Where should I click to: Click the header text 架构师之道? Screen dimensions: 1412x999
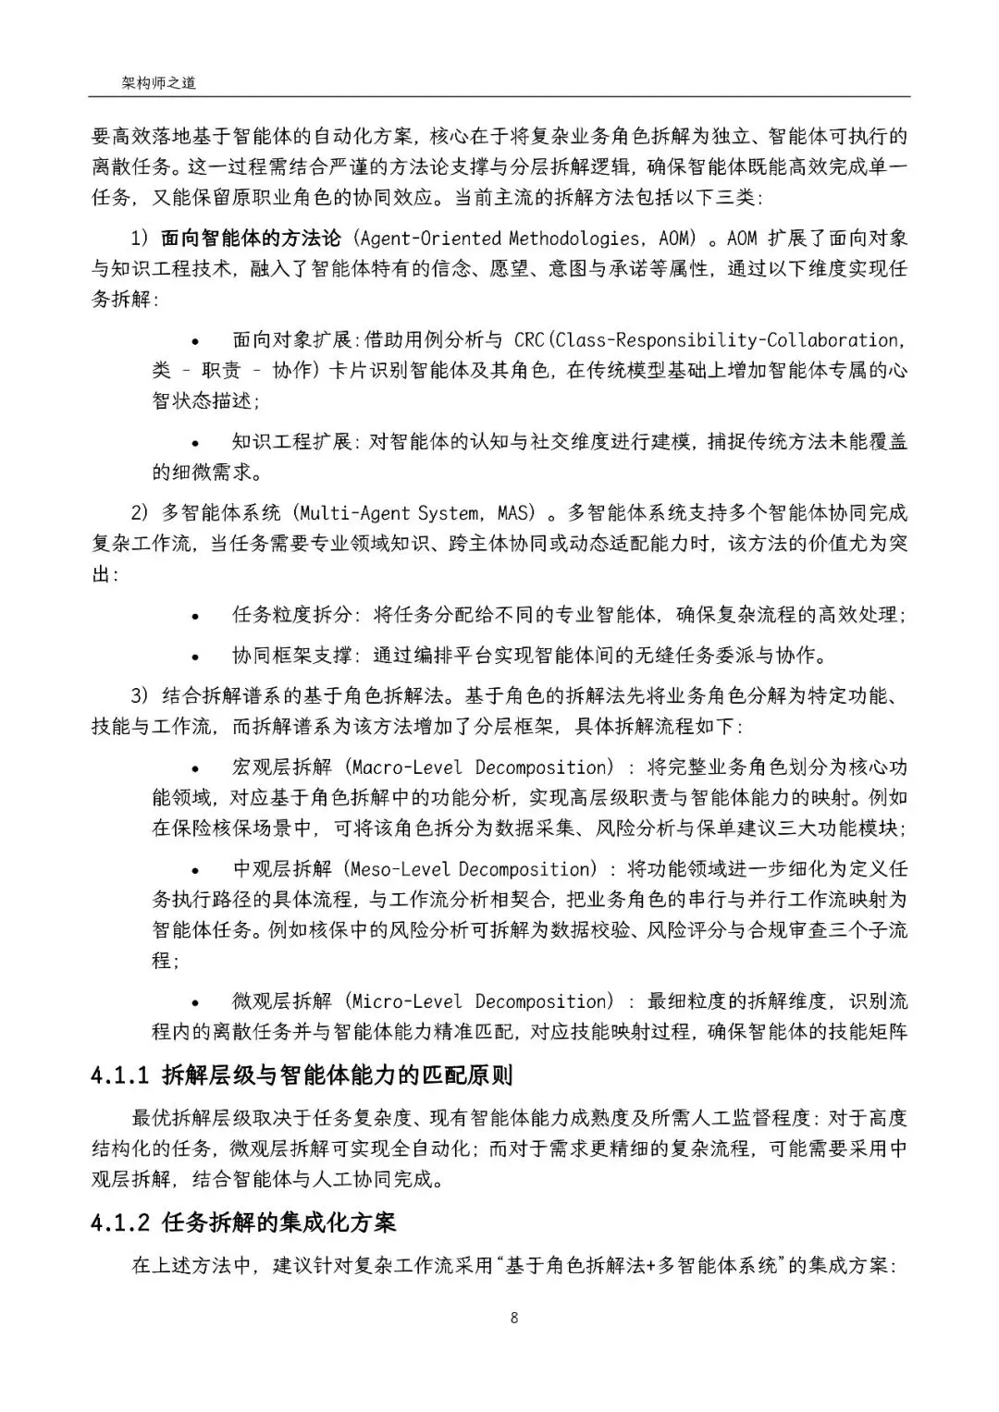pos(158,83)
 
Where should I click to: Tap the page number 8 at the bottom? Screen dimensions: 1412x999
pos(513,1318)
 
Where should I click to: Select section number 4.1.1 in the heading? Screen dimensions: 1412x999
pos(119,1075)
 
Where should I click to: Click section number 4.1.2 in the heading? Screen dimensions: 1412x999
pos(119,1222)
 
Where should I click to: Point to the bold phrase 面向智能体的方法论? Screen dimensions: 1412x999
pos(251,238)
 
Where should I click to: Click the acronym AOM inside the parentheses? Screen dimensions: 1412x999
pos(674,238)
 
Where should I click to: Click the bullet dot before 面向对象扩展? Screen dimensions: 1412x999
pos(195,340)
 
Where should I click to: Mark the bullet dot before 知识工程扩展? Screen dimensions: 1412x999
pos(195,442)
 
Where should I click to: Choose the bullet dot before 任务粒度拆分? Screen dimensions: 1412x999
pos(195,615)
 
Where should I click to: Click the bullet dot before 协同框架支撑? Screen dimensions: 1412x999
pos(195,656)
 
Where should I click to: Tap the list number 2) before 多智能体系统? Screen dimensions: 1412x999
pos(140,512)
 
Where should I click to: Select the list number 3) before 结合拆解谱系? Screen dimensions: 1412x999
pos(140,695)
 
